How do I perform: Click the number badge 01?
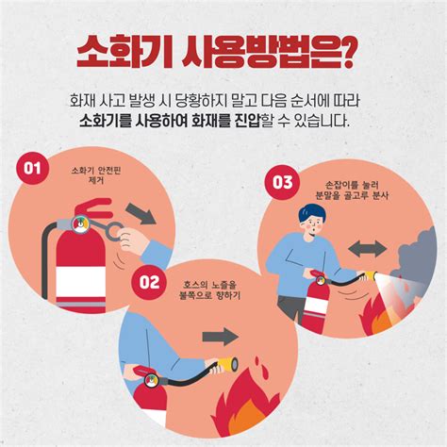pos(32,170)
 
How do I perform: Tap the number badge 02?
pos(149,281)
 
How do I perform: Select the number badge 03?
pos(282,182)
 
